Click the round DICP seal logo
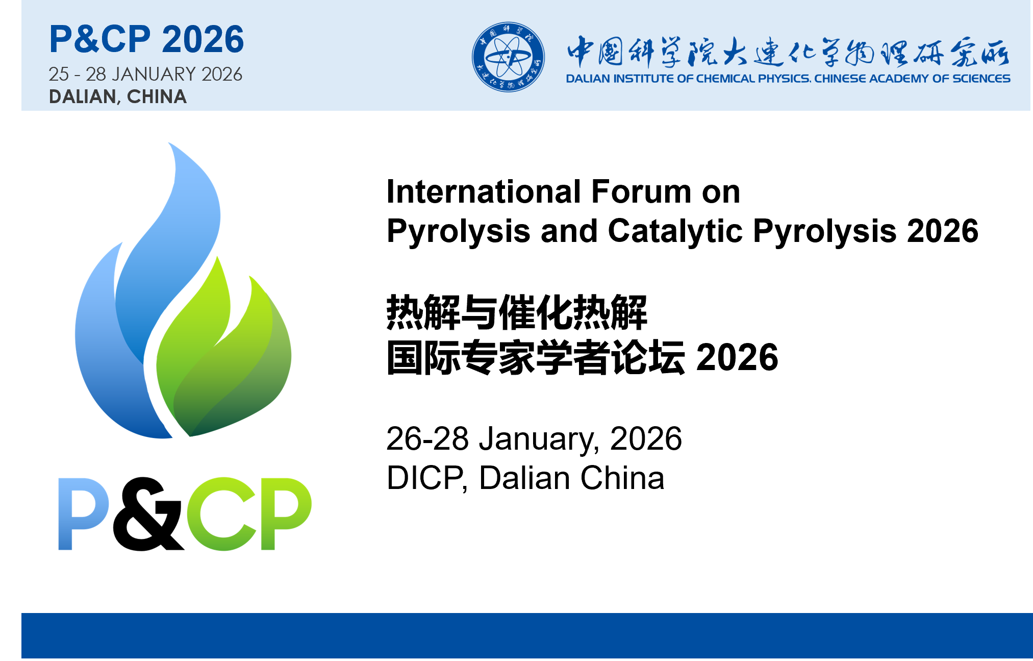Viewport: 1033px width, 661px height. (508, 57)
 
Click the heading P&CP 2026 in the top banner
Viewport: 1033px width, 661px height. (146, 39)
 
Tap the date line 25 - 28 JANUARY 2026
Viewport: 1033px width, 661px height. (145, 74)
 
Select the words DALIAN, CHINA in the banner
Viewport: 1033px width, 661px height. (118, 96)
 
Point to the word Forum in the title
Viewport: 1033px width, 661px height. (641, 191)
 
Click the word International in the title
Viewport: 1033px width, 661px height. (484, 191)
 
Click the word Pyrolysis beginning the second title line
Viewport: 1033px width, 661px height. (459, 231)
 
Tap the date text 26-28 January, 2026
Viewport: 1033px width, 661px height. (534, 438)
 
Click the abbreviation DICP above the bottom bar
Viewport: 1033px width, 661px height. (425, 478)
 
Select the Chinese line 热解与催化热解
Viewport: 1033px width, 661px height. (517, 312)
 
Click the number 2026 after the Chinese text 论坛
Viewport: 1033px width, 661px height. (737, 357)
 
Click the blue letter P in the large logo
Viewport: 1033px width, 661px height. (83, 514)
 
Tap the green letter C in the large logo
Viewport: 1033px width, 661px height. (221, 514)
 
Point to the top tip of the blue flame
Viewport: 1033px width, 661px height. (169, 142)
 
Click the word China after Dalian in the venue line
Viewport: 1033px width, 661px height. (622, 478)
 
